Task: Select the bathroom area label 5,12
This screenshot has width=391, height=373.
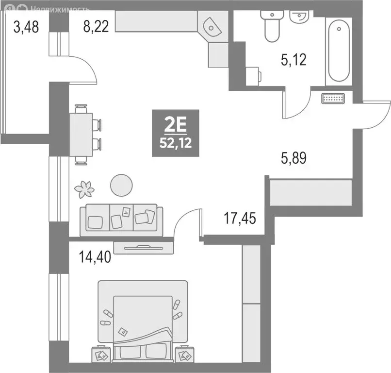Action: click(x=294, y=60)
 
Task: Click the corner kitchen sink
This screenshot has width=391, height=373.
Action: click(x=212, y=26)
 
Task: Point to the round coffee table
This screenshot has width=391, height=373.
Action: click(x=121, y=185)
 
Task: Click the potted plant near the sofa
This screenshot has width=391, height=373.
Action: click(x=86, y=188)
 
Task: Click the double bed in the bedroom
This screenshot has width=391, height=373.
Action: click(x=143, y=318)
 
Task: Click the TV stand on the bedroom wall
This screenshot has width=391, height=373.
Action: click(x=143, y=247)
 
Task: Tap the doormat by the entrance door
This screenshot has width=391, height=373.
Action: click(x=333, y=98)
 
